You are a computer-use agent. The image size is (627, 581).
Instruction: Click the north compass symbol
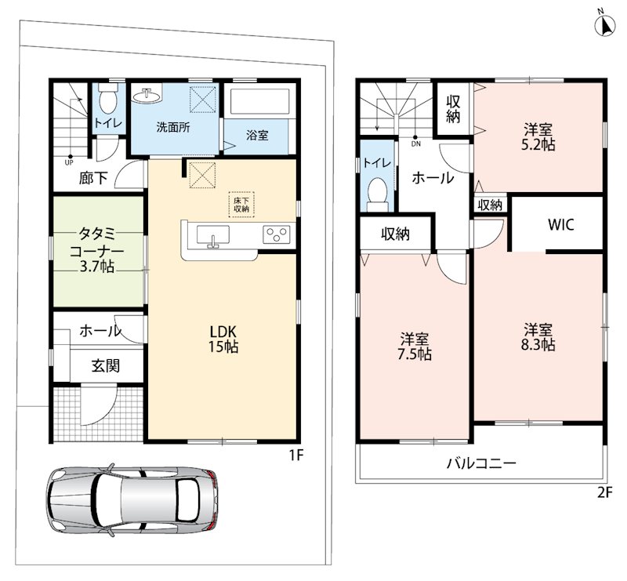click(604, 26)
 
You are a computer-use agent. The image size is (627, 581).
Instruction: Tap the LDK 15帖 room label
click(223, 339)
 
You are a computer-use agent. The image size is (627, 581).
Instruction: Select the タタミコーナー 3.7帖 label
click(96, 249)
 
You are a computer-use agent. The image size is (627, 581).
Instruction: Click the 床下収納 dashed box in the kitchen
click(241, 205)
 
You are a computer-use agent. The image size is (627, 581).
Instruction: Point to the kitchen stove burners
click(277, 234)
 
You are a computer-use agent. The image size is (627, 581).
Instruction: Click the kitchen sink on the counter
click(213, 236)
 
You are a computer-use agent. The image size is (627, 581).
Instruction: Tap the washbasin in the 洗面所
click(147, 95)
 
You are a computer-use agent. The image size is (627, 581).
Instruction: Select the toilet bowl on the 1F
click(107, 100)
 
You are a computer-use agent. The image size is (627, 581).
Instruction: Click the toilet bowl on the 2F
click(378, 194)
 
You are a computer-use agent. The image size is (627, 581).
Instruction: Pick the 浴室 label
click(257, 135)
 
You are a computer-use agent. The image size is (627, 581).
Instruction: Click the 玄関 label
click(106, 365)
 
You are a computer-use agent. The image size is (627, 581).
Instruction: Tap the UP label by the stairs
click(69, 162)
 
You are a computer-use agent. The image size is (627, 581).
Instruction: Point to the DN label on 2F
click(416, 143)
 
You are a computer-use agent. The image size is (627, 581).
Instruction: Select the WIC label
click(560, 225)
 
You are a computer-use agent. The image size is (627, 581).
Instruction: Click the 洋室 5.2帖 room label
click(538, 137)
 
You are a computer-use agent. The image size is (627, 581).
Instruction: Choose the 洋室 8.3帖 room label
click(538, 337)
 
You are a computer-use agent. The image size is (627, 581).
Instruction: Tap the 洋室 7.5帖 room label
click(415, 347)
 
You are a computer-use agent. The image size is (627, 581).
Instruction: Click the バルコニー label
click(481, 463)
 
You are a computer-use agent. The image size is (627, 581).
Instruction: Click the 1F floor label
click(297, 455)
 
